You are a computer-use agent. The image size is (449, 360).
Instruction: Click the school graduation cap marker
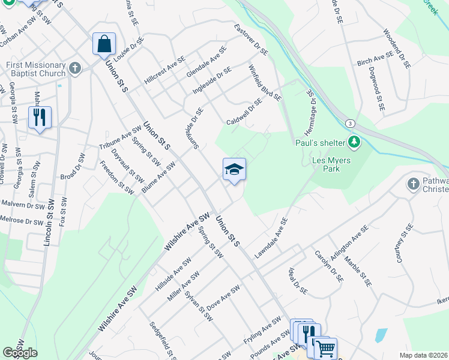[x=234, y=170]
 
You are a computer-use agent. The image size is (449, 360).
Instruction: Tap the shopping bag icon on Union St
[x=104, y=44]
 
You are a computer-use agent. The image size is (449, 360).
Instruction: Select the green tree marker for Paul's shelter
[x=355, y=142]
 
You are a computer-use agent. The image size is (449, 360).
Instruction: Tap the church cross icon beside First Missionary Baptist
[x=75, y=67]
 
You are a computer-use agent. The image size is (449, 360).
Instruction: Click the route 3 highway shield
[x=349, y=122]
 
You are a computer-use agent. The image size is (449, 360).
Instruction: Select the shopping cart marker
[x=325, y=348]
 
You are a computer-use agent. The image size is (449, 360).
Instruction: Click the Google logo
[x=20, y=353]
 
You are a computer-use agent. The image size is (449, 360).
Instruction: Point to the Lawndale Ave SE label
[x=271, y=238]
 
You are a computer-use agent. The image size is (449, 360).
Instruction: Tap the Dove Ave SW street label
[x=223, y=301]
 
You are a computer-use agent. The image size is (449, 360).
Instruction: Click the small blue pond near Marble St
[x=381, y=334]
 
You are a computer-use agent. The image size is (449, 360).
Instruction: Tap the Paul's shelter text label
[x=320, y=142]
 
